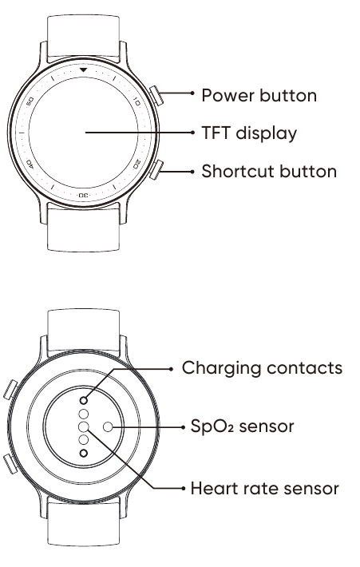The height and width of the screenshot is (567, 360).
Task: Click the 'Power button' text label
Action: click(259, 96)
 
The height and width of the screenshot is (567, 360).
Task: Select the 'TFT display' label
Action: click(249, 133)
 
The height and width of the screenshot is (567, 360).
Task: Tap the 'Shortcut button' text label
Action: click(269, 172)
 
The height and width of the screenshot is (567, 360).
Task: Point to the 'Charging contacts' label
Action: click(262, 368)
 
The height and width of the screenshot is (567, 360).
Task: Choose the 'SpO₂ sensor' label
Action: click(242, 426)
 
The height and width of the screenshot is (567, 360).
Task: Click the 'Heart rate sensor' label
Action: click(264, 489)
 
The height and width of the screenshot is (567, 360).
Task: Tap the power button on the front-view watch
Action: click(156, 96)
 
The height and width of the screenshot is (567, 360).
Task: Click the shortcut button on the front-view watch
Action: click(156, 169)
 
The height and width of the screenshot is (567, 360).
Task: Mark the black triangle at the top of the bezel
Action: click(84, 69)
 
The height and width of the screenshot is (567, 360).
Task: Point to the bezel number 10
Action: click(136, 101)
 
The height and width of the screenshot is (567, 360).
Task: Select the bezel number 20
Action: click(136, 165)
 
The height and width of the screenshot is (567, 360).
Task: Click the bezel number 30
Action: click(83, 196)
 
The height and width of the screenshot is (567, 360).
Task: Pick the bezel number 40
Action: click(30, 165)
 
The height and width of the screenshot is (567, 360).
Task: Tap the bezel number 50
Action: click(30, 101)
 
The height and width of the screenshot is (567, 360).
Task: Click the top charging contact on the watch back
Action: click(84, 400)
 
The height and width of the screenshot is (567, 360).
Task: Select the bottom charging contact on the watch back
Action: click(84, 453)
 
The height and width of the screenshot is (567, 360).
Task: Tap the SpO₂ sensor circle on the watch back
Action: click(108, 427)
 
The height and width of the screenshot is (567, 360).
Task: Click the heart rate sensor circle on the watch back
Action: click(84, 427)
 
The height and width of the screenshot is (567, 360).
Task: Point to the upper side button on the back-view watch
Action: click(10, 390)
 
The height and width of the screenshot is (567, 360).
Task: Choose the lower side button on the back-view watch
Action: click(10, 464)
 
